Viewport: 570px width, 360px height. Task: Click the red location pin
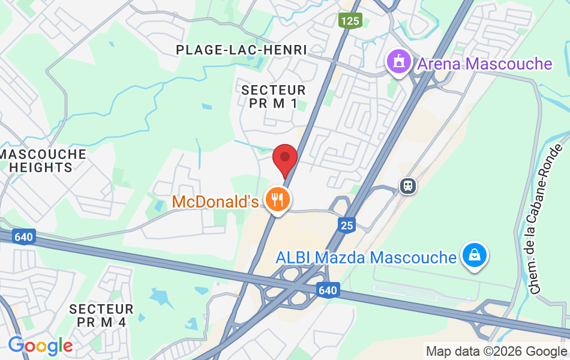coord(285,160)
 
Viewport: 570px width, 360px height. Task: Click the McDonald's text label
coord(215,202)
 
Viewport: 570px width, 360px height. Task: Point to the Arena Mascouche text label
coord(484,64)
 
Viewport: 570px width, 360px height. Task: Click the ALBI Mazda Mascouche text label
coord(366,258)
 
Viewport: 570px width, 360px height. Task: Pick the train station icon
coord(408,186)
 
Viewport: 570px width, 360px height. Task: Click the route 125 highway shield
coord(350,22)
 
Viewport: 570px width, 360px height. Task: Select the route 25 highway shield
coord(347,226)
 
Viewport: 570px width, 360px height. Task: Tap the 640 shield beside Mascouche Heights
coord(23,236)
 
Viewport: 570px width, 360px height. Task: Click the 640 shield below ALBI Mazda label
coord(328,290)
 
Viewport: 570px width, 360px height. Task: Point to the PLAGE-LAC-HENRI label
coord(241,50)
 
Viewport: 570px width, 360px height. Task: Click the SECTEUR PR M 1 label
coord(273,97)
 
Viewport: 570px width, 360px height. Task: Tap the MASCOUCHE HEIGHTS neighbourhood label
coord(43,161)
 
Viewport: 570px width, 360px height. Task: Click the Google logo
coord(40,346)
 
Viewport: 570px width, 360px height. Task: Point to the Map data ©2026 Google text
coord(496,351)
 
